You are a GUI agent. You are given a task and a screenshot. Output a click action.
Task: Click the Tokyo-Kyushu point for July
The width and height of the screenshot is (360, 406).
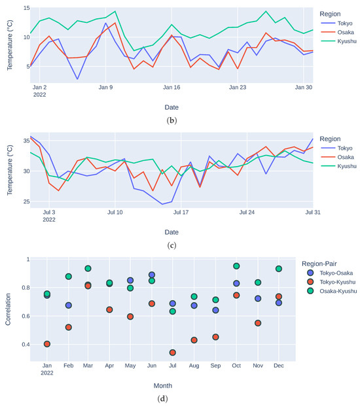pyautogui.click(x=172, y=352)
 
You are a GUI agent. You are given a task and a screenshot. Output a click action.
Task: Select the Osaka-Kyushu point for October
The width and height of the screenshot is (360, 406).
pyautogui.click(x=236, y=266)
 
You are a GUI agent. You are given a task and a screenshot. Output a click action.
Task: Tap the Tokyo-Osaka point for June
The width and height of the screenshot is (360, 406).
pyautogui.click(x=152, y=275)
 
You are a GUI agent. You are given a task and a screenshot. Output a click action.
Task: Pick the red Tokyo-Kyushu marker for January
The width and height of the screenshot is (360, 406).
pyautogui.click(x=47, y=344)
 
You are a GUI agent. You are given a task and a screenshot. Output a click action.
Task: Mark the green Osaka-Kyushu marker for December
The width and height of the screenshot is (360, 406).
pyautogui.click(x=279, y=269)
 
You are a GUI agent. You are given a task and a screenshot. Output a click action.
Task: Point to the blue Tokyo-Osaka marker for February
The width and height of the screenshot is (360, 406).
pyautogui.click(x=68, y=305)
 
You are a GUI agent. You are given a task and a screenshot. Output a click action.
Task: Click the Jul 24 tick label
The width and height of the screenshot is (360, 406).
pyautogui.click(x=247, y=212)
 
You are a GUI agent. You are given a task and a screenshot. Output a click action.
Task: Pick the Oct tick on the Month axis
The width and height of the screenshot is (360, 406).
pyautogui.click(x=236, y=365)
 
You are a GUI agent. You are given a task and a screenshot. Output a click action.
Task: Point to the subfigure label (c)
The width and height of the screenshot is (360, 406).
pyautogui.click(x=172, y=246)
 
